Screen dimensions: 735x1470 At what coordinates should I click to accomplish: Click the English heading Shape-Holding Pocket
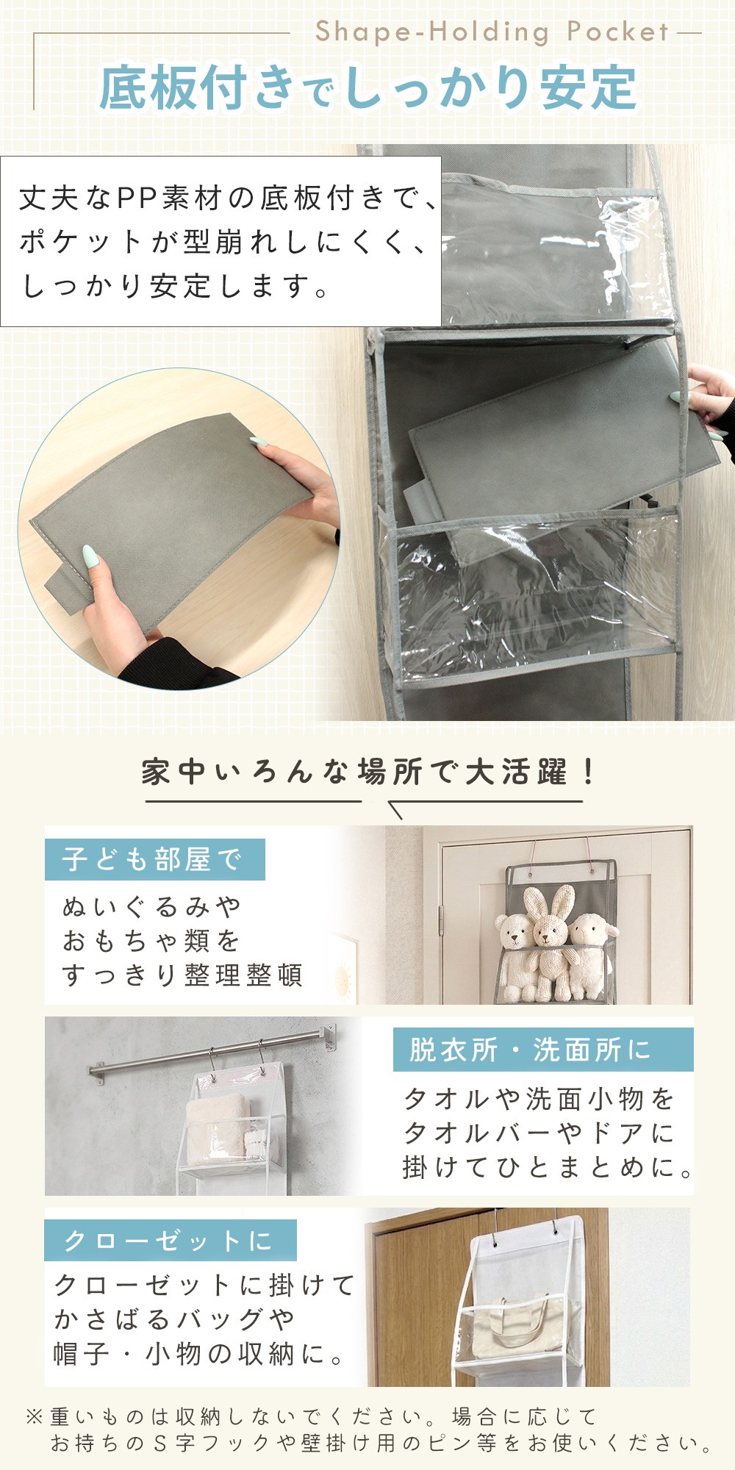tap(492, 32)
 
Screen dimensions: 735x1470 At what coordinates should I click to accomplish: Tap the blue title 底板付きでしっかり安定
tap(367, 87)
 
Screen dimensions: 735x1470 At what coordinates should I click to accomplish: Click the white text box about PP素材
tap(220, 241)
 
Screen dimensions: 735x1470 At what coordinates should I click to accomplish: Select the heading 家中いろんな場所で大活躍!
tap(367, 772)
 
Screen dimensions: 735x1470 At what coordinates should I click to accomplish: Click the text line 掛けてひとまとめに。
tap(548, 1166)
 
